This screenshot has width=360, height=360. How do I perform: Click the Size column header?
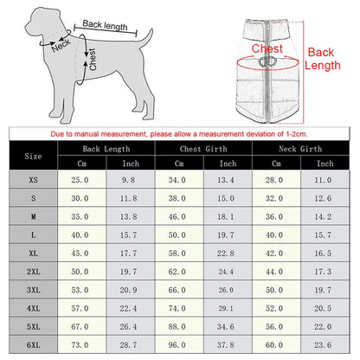point(33,157)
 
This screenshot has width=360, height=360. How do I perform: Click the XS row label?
point(33,179)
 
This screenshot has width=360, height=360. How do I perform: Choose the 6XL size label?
point(33,344)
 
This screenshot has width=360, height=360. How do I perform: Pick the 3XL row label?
point(33,289)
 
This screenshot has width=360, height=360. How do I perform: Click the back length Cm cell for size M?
point(80,216)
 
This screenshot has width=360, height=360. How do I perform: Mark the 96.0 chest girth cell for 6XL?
point(177,344)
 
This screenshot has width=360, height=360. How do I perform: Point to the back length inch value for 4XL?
point(130,307)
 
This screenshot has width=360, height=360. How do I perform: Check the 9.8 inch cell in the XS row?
point(130,179)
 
